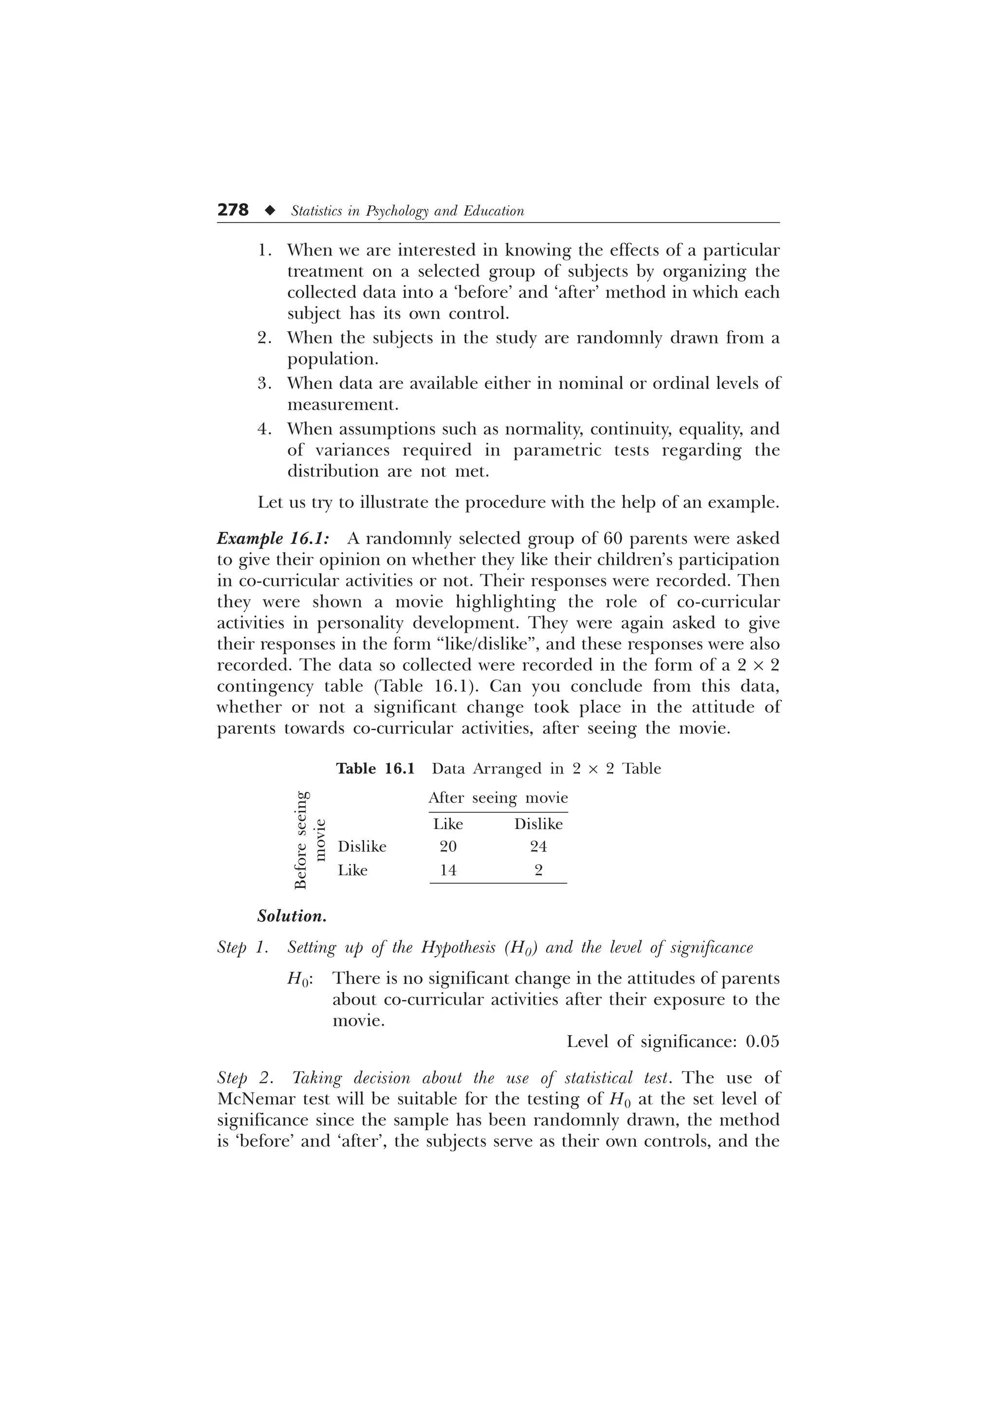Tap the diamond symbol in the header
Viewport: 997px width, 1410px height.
(268, 211)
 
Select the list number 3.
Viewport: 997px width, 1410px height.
(264, 384)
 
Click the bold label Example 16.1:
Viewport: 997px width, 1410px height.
(274, 539)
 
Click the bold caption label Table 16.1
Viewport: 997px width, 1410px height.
(375, 769)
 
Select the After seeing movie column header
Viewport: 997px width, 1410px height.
(498, 798)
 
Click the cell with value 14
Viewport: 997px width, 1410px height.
(448, 870)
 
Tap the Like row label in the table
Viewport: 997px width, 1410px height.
(352, 870)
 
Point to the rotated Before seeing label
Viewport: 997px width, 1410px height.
(300, 840)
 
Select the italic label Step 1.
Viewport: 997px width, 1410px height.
(242, 948)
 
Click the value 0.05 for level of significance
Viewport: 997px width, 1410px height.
(762, 1042)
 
